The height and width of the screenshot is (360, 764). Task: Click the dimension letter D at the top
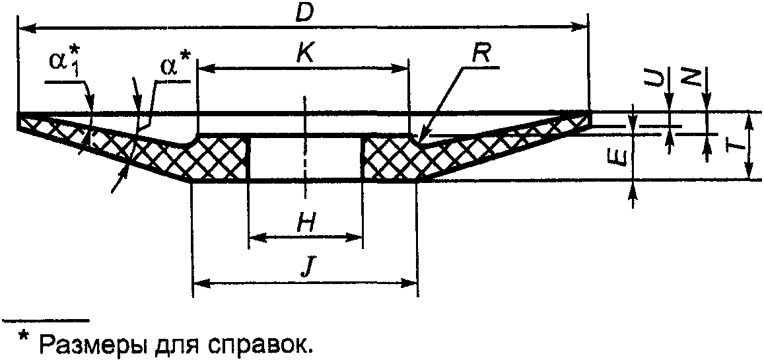coord(303,13)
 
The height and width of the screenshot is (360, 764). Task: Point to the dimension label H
coord(305,224)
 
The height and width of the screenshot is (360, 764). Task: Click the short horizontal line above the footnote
coord(46,321)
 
